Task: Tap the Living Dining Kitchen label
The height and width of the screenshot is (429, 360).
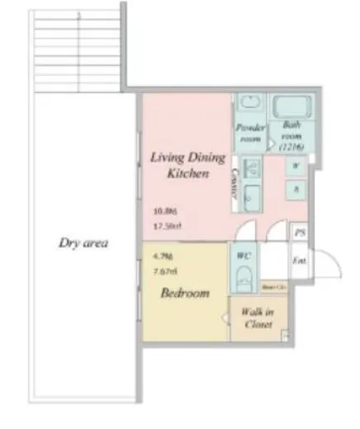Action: click(178, 165)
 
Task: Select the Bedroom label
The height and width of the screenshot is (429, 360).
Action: click(184, 293)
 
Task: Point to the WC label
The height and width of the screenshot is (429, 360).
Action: click(244, 257)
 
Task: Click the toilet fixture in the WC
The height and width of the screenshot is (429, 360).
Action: click(244, 279)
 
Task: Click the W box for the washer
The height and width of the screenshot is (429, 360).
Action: click(296, 165)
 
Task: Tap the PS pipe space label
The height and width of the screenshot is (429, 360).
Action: click(300, 233)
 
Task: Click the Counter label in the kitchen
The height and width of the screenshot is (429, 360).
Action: click(236, 182)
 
